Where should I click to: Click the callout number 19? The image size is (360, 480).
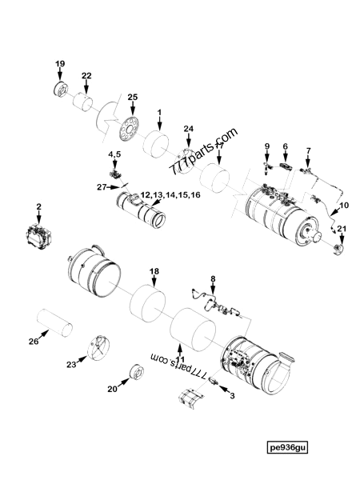click(x=59, y=62)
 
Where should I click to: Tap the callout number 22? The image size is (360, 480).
click(x=86, y=75)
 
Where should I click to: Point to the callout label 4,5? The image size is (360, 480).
click(x=115, y=152)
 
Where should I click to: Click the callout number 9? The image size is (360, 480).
click(x=268, y=146)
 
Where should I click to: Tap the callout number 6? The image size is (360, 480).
click(x=284, y=146)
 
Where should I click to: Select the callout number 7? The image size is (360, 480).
click(x=308, y=150)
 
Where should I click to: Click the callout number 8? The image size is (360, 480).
click(x=212, y=278)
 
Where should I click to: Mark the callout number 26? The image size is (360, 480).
click(x=34, y=342)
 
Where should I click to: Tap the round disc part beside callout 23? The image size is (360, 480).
click(x=95, y=350)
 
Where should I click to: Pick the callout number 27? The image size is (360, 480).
click(x=102, y=187)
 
